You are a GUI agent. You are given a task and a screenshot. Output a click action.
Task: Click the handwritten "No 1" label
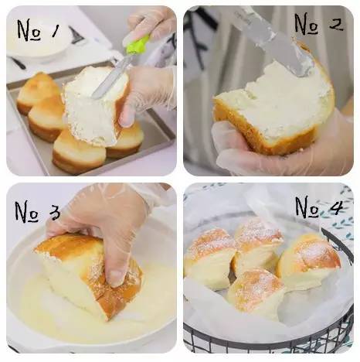pyautogui.click(x=39, y=30)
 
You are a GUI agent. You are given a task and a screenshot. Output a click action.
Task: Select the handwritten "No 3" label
pyautogui.click(x=38, y=211)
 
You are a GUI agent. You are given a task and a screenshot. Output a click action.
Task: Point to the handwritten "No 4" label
pyautogui.click(x=319, y=207)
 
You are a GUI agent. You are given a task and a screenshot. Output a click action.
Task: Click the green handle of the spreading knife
pyautogui.click(x=137, y=45)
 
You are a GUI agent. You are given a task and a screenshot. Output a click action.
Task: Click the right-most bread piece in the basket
pyautogui.click(x=309, y=261)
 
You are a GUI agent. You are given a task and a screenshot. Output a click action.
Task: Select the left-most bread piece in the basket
pyautogui.click(x=209, y=258)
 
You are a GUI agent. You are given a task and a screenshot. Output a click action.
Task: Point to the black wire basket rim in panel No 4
pyautogui.click(x=338, y=242)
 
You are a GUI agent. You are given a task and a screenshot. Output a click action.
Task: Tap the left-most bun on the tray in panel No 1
pyautogui.click(x=37, y=93)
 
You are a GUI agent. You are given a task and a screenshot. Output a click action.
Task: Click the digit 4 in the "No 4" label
pyautogui.click(x=334, y=206)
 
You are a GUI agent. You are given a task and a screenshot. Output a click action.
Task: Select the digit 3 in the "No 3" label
pyautogui.click(x=54, y=213)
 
